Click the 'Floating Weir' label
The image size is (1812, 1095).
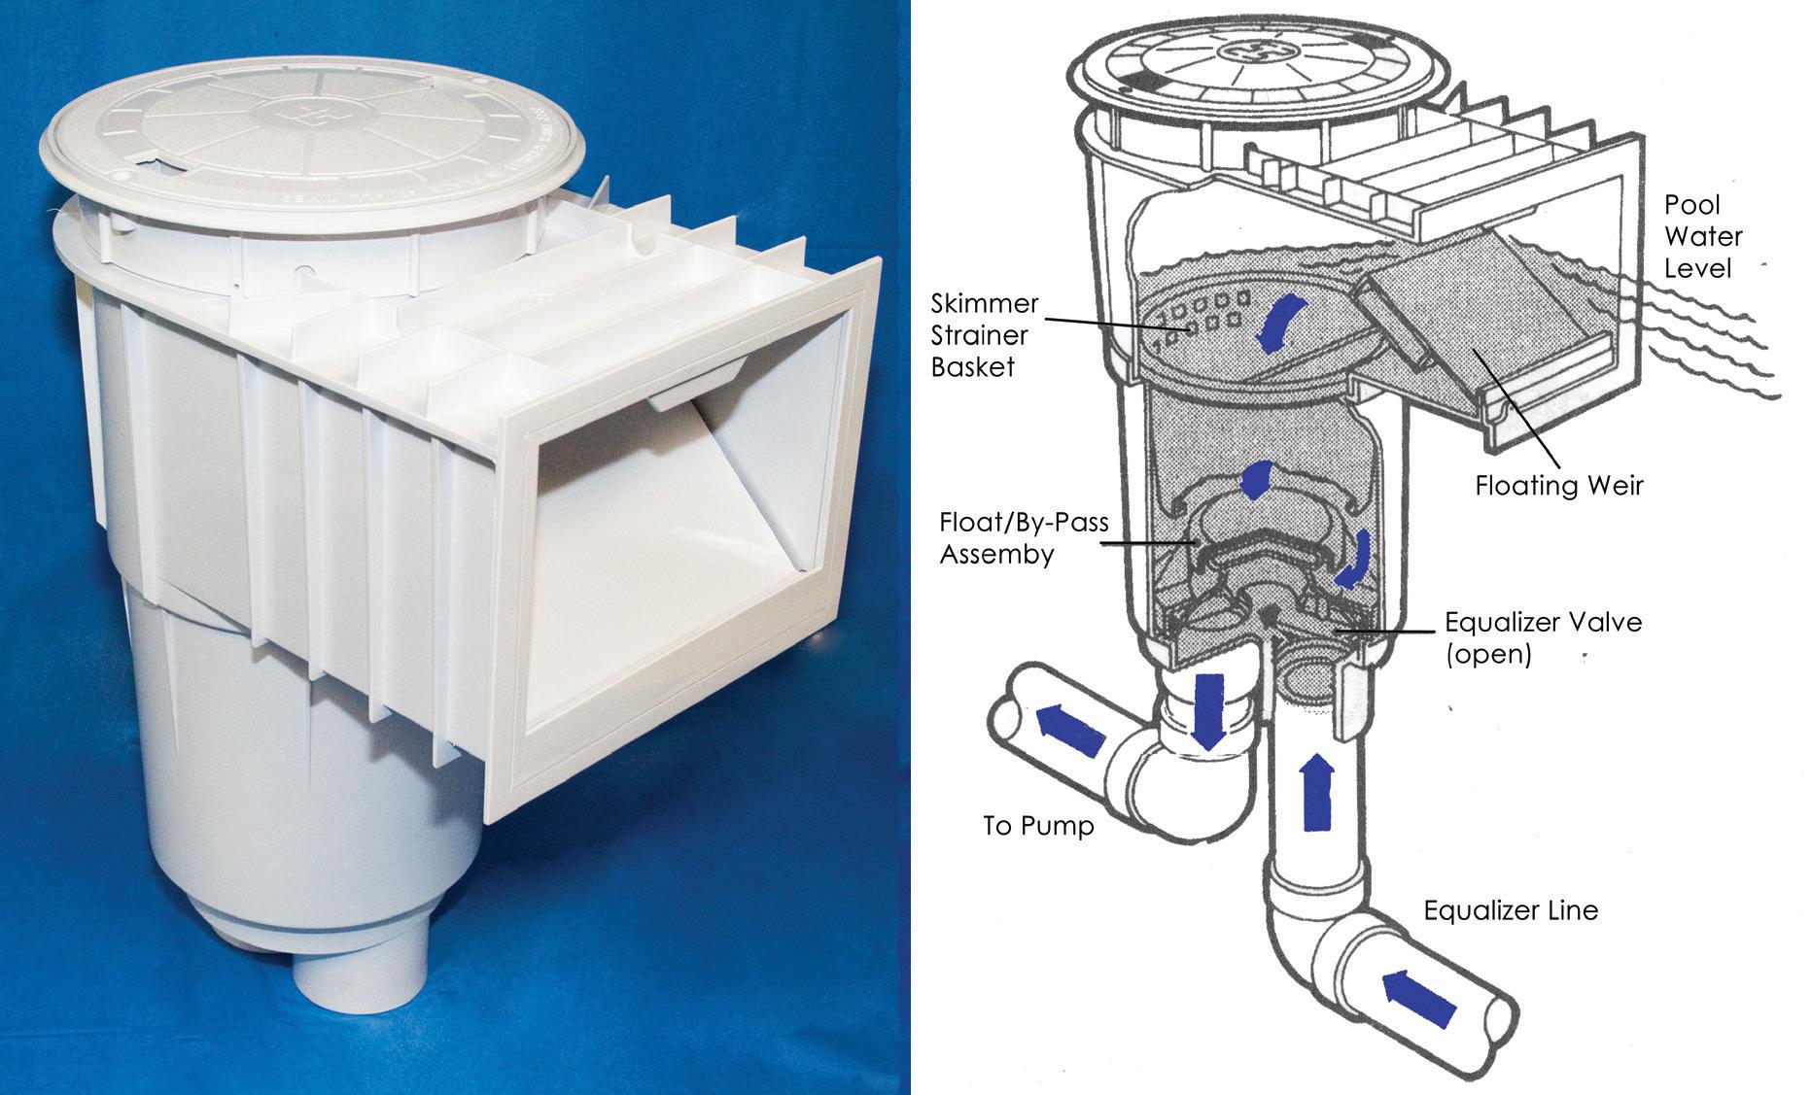1558,485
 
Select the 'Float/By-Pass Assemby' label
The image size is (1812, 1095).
1024,538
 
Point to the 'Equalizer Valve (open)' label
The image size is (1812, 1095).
1543,636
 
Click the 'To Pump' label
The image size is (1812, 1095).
1038,826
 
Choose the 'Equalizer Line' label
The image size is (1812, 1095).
1511,910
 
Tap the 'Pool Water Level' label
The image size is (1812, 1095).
1703,236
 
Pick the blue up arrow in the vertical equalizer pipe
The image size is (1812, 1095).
1317,792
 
